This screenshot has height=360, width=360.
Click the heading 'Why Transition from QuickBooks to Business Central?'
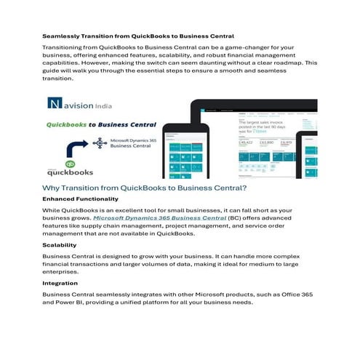coord(145,188)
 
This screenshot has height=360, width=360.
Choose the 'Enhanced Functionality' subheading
coord(80,199)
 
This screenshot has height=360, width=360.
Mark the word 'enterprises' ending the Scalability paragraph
coord(64,273)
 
